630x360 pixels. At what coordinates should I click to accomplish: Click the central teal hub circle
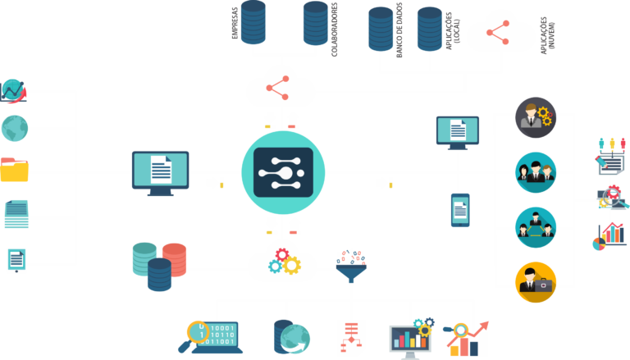[283, 172]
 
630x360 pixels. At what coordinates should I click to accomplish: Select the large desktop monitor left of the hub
[160, 171]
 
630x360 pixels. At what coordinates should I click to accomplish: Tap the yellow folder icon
[14, 170]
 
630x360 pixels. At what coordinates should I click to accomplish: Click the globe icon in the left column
[15, 128]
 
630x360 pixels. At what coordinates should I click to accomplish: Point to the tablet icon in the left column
[16, 260]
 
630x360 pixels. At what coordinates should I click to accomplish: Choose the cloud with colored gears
[282, 262]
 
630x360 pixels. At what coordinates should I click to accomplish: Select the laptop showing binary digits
[210, 336]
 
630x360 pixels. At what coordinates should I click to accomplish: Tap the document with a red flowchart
[351, 337]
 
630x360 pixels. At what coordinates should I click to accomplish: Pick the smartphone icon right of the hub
[460, 210]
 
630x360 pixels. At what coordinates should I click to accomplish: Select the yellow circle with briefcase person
[536, 281]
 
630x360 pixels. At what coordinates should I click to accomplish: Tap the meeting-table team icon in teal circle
[536, 226]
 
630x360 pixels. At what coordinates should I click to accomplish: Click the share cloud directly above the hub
[281, 87]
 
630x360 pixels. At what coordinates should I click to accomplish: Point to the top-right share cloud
[500, 33]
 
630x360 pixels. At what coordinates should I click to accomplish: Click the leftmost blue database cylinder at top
[253, 22]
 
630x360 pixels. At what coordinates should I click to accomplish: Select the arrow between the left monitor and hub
[215, 182]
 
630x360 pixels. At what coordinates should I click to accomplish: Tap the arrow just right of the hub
[384, 182]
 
